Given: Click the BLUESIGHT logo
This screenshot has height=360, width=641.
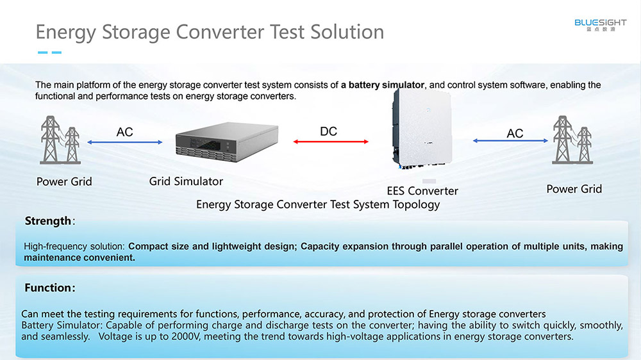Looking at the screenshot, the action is click(600, 25).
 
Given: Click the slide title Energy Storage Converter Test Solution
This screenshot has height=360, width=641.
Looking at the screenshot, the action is click(210, 32).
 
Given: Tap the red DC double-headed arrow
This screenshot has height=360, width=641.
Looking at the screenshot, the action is click(331, 142).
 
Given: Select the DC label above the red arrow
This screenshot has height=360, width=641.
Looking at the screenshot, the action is click(328, 131).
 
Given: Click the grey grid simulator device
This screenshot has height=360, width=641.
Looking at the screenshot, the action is click(227, 142).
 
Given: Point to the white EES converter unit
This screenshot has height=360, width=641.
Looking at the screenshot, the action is click(422, 129).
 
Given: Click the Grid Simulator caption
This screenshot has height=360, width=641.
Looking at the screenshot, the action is click(186, 181).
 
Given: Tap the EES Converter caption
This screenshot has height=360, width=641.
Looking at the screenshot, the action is click(422, 191).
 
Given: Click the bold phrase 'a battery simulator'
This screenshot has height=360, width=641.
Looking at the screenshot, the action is click(382, 85).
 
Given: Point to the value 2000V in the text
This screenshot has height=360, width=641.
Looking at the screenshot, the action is click(186, 337).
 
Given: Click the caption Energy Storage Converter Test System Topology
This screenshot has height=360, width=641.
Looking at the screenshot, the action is click(318, 204).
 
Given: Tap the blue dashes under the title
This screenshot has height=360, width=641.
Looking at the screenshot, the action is click(49, 53).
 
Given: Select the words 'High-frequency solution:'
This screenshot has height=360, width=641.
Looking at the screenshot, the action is click(74, 247).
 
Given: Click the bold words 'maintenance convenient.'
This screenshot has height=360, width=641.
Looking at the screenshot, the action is click(79, 258).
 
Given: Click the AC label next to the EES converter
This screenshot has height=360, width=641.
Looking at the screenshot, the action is click(515, 133).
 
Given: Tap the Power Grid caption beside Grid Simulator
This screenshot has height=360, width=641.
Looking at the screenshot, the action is click(64, 181).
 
